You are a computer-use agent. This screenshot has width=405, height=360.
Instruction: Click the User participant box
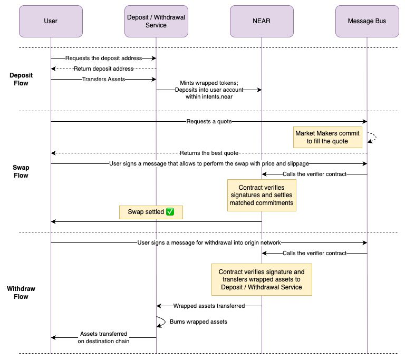pos(51,22)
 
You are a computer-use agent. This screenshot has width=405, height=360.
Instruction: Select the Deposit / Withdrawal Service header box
pos(156,22)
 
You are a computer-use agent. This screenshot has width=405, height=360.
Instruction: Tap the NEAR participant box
pos(262,22)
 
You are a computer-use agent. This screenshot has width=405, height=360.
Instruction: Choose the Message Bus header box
pos(367,22)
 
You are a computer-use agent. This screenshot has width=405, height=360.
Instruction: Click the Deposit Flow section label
pos(21,79)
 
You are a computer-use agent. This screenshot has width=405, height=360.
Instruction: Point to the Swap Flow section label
pos(21,171)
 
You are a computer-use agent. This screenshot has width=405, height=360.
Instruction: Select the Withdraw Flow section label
pos(21,293)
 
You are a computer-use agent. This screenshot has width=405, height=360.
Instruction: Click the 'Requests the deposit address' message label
pos(103,58)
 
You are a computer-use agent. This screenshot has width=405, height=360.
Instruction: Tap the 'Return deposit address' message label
pos(103,69)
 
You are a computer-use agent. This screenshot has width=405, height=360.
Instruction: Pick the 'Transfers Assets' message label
pos(103,79)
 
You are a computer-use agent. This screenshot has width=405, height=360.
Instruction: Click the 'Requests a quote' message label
pos(209,121)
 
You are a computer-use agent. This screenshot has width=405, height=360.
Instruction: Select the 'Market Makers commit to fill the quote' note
pos(327,137)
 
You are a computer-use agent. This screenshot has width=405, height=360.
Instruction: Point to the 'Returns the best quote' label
pos(209,153)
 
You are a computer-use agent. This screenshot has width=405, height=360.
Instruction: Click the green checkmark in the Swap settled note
pos(170,212)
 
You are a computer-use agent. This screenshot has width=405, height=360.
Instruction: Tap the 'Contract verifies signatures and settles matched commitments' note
pos(262,195)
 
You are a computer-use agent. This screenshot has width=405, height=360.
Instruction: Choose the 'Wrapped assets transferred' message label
pos(209,306)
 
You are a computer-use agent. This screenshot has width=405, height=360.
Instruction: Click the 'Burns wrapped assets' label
pos(198,322)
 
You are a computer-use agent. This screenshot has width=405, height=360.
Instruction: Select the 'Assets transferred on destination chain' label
pos(103,337)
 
